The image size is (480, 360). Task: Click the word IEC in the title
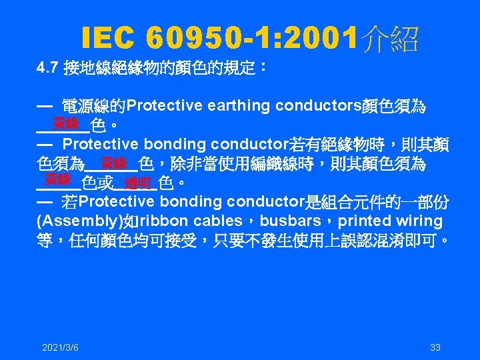pos(107,41)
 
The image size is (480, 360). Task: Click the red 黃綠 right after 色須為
pos(113,162)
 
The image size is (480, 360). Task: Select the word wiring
pos(419,221)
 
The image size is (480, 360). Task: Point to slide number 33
pos(435,347)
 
